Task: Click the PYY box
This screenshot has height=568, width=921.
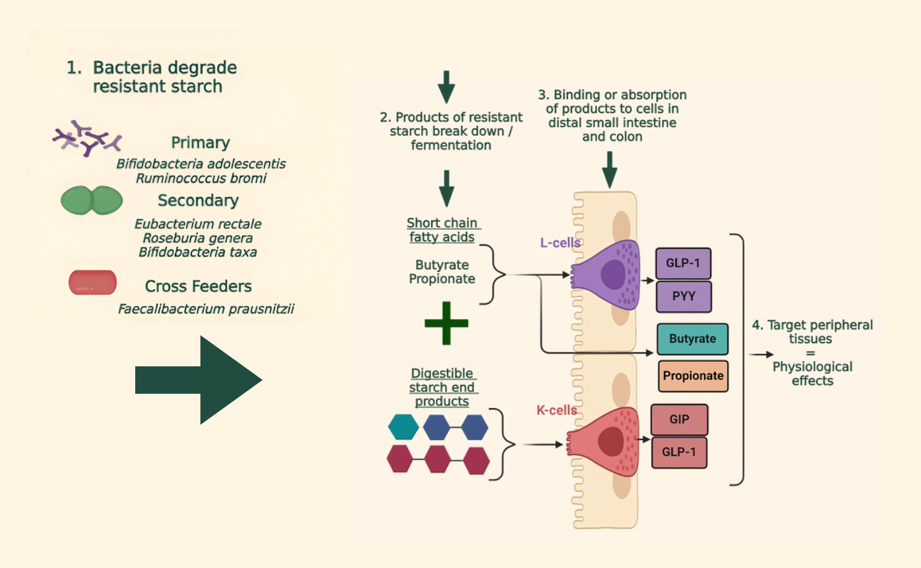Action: coord(684,297)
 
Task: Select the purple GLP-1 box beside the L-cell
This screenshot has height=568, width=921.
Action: coord(683,263)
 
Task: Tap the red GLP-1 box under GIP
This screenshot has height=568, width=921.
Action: coord(679,452)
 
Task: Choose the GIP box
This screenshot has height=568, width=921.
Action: coord(679,420)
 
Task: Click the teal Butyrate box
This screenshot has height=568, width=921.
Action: coord(692,339)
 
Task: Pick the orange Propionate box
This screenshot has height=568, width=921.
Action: coord(693,376)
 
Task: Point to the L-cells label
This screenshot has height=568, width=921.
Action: coord(560,243)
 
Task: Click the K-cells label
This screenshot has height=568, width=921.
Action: coord(556,410)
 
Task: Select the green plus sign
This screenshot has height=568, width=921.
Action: coord(446,323)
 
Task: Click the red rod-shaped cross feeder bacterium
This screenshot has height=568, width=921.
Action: coord(93,282)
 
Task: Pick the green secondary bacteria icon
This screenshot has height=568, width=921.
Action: coord(92,200)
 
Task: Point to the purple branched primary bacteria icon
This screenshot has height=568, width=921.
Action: coord(87,138)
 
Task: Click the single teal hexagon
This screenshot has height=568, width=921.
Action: coord(403,427)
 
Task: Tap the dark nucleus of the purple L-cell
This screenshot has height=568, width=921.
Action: coord(613,274)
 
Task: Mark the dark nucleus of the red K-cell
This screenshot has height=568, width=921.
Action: coord(610,441)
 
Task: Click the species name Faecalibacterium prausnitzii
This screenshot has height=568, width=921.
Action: coord(206,309)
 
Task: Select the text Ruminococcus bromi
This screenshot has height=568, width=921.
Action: coord(201,179)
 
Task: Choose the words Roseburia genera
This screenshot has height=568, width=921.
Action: coord(198,238)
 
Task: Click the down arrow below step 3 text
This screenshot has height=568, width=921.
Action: coord(609,169)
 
